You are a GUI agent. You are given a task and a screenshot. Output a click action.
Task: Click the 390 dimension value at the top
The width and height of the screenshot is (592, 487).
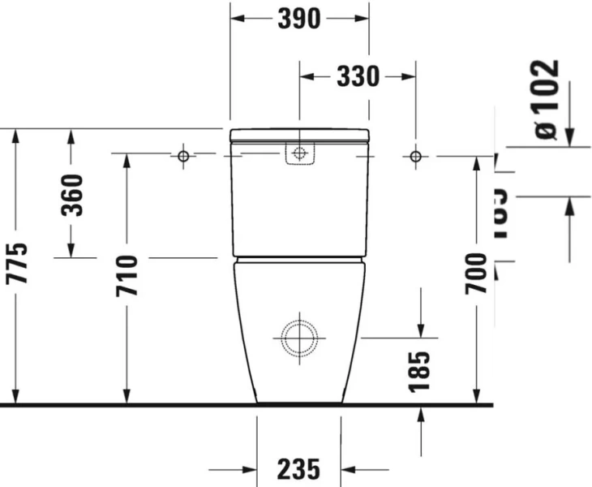pyautogui.click(x=299, y=18)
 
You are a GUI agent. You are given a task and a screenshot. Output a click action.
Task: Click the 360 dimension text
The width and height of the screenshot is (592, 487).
pyautogui.click(x=72, y=195)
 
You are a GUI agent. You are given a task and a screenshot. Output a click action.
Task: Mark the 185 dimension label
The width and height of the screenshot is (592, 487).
pyautogui.click(x=420, y=371)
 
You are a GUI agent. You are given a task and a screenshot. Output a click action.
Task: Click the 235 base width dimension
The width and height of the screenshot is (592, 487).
pyautogui.click(x=298, y=469)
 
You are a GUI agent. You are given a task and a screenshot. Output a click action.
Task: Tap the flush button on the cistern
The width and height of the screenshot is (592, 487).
pyautogui.click(x=300, y=154)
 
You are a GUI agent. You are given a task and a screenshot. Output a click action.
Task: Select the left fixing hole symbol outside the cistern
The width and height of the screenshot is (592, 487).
pyautogui.click(x=183, y=154)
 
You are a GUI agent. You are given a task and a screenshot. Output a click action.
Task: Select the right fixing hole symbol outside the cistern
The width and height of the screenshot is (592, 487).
pyautogui.click(x=415, y=155)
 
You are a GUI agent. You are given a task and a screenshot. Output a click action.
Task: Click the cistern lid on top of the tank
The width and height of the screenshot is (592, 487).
pyautogui.click(x=299, y=135)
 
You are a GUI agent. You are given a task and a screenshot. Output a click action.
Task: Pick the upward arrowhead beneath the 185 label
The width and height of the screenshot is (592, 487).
pyautogui.click(x=421, y=413)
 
